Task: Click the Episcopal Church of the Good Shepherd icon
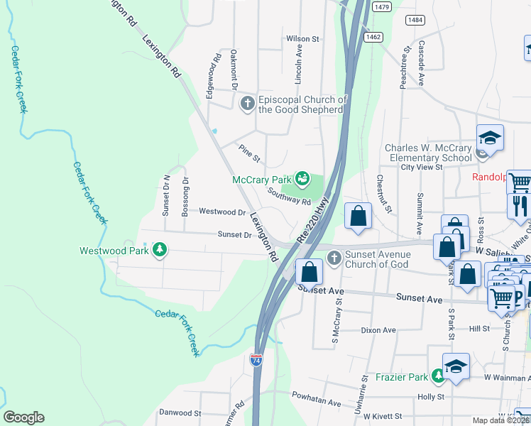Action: tap(248, 105)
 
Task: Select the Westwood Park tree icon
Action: tap(161, 250)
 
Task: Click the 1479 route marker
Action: tap(381, 6)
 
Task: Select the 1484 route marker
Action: tap(416, 20)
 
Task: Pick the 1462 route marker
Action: tap(372, 35)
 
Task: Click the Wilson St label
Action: tap(303, 38)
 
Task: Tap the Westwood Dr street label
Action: tap(222, 212)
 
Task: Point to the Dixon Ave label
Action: tap(378, 330)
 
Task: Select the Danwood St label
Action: tap(175, 413)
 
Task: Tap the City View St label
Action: tap(422, 168)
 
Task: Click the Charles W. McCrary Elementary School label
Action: tap(428, 153)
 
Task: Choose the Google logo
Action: tap(23, 417)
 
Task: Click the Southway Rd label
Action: tap(289, 197)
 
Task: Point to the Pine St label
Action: tap(250, 152)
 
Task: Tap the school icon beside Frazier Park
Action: tap(456, 367)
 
